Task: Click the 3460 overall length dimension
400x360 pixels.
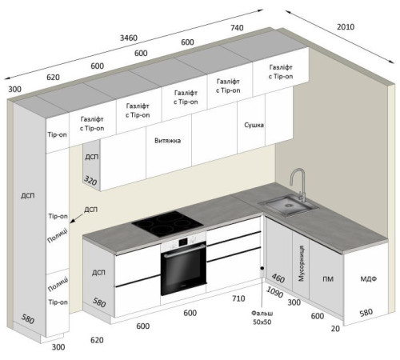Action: point(129,38)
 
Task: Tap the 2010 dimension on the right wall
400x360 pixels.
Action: point(346,27)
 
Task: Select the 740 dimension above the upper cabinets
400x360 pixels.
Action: point(237,28)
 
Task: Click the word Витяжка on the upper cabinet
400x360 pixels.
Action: point(167,141)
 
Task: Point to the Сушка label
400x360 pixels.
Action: point(254,125)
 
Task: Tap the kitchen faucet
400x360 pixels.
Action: point(298,185)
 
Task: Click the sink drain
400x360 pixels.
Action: point(288,206)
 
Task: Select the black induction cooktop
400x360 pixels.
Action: point(167,224)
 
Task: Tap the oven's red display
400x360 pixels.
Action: point(182,242)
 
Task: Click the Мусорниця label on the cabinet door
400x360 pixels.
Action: point(301,263)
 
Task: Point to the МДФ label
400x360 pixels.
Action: point(369,279)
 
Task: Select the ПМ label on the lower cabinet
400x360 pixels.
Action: point(328,279)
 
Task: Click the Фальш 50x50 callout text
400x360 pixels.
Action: point(262,318)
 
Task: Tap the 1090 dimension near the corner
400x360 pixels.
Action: point(274,292)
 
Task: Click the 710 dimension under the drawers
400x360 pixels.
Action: point(238,298)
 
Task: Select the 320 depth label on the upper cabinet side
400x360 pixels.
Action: point(90,181)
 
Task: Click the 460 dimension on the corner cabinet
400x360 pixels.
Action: point(278,278)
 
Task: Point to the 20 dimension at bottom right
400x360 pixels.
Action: point(335,329)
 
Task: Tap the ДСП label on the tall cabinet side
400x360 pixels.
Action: point(28,195)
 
